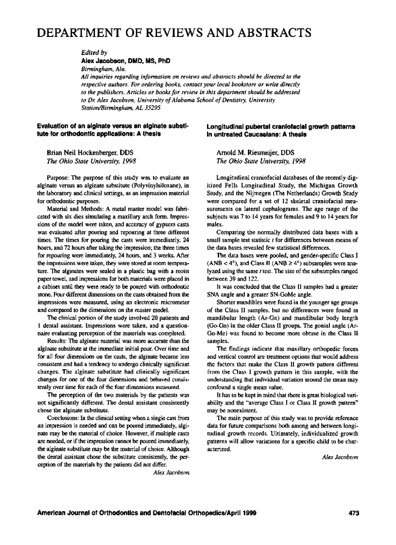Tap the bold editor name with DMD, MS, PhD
[x=125, y=61]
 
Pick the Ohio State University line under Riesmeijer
[x=260, y=161]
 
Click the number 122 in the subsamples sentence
[x=251, y=264]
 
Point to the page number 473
[x=353, y=513]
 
